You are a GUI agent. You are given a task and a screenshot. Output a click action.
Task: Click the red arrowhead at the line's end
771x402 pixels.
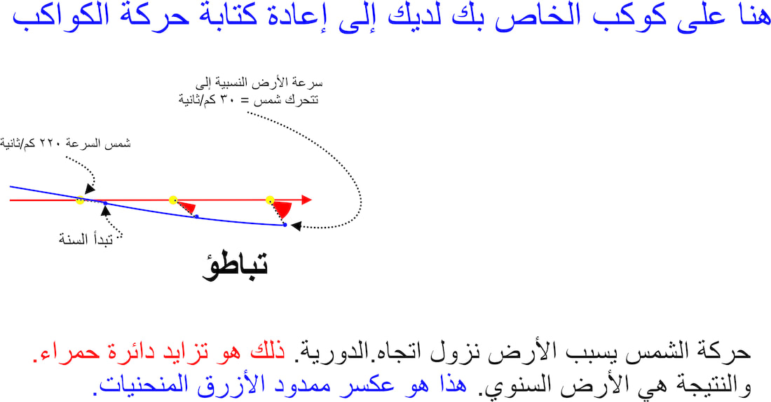click(307, 200)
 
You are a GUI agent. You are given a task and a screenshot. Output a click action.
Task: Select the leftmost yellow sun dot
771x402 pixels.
click(80, 200)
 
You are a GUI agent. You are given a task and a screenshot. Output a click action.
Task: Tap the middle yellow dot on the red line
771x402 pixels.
click(172, 200)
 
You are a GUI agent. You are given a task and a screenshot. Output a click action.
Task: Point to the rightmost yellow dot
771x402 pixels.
click(269, 200)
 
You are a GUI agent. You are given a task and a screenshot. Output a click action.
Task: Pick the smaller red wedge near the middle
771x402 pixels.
click(187, 207)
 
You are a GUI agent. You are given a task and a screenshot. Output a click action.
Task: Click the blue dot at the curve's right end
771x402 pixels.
click(285, 225)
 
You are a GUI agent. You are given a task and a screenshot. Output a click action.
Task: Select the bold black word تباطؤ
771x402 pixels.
click(235, 266)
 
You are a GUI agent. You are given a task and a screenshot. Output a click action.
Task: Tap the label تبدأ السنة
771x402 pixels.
click(86, 240)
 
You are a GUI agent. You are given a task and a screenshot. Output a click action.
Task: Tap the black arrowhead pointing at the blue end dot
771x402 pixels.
click(296, 226)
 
